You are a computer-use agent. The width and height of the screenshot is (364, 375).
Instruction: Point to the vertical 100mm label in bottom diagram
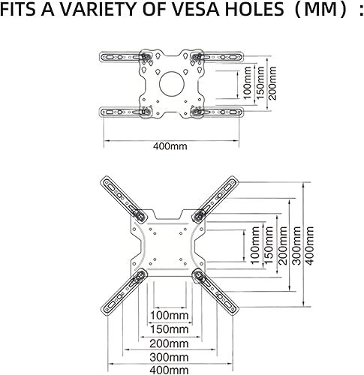coord(247,244)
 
